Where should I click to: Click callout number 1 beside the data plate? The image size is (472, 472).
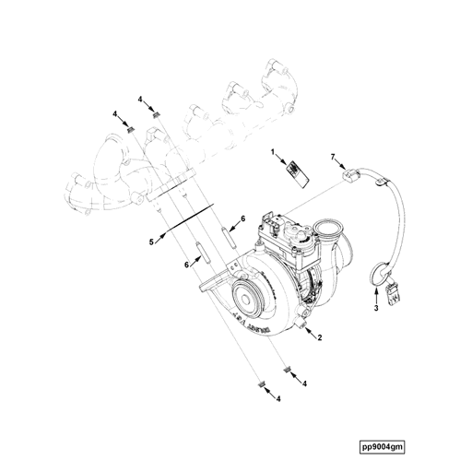pos(273,149)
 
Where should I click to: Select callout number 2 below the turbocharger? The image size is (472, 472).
pos(319,339)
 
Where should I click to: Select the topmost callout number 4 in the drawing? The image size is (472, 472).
pos(141,99)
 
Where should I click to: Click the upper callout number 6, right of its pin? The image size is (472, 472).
pos(242,218)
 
